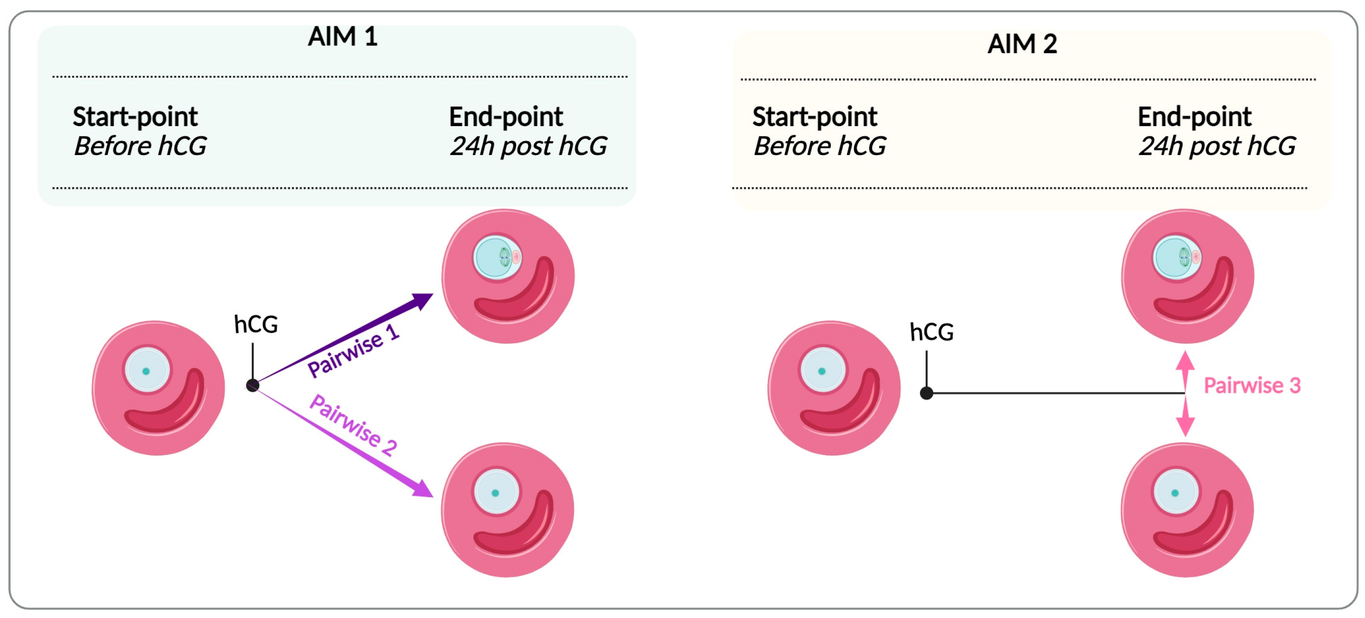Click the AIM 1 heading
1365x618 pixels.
coord(342,36)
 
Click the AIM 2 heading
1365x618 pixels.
coord(1022,44)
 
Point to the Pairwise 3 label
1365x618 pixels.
coord(1252,385)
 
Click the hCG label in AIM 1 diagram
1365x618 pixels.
coord(256,324)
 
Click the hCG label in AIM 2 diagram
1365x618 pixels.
coord(931,332)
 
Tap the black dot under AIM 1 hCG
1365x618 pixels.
coord(253,385)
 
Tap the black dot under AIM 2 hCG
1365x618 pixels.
coord(926,393)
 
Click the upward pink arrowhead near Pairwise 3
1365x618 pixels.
coord(1185,362)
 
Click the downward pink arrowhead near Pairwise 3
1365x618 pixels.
coord(1185,426)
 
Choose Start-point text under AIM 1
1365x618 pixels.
coord(135,117)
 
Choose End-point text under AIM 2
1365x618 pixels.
coord(1194,117)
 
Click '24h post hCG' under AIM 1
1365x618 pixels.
coord(528,146)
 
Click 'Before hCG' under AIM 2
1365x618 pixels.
coord(819,146)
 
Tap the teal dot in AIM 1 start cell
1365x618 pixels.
coord(146,371)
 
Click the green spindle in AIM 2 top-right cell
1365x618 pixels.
coord(1184,257)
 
